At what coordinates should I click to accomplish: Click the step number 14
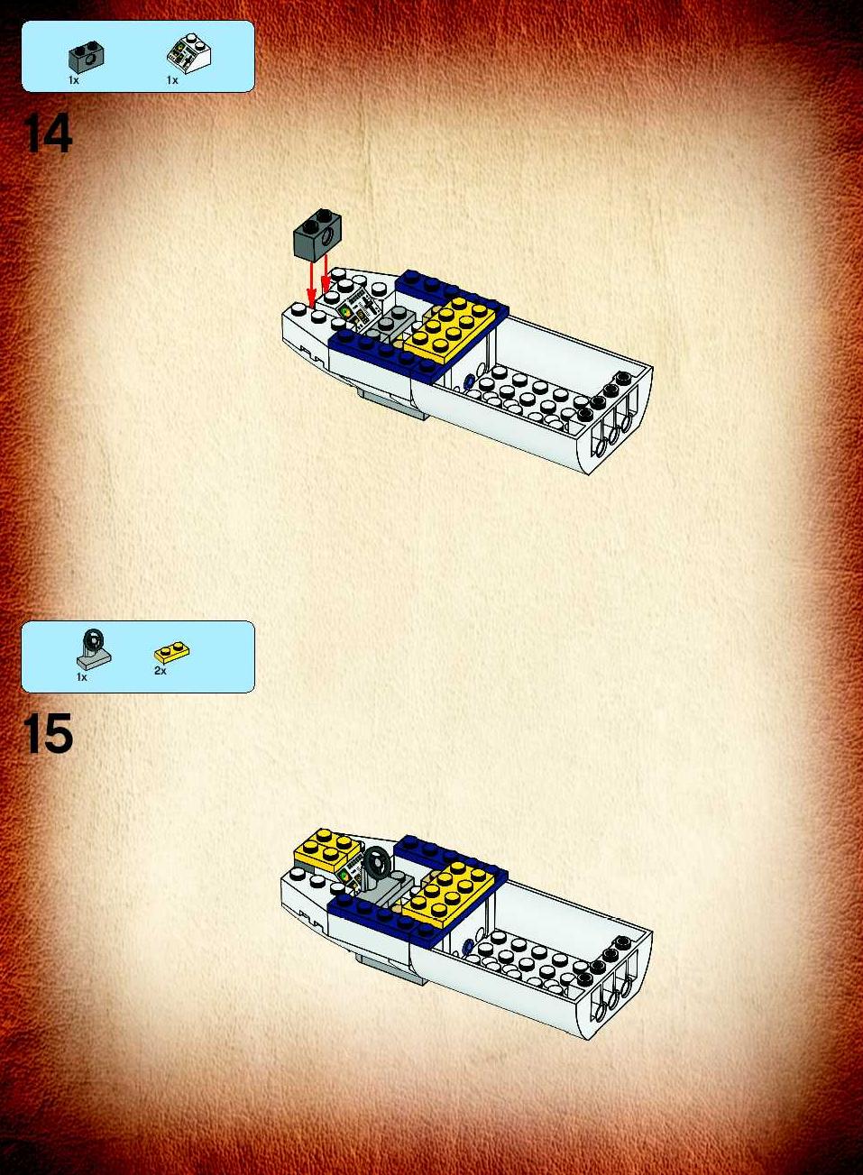[47, 133]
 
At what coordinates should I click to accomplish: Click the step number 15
[47, 733]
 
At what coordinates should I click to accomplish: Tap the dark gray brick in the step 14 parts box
[86, 59]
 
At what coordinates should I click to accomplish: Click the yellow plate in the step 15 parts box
[171, 653]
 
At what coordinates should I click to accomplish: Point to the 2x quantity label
[160, 671]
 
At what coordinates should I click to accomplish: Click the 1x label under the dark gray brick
[74, 80]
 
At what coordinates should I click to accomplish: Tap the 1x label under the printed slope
[172, 80]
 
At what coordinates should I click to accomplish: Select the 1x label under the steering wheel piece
[81, 677]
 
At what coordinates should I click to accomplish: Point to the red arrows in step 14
[319, 280]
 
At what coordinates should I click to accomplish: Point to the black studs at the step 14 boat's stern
[604, 397]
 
